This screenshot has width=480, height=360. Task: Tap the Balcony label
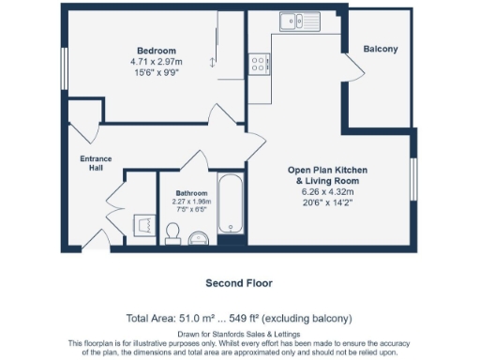(381, 49)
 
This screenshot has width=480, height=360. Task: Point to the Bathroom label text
(191, 192)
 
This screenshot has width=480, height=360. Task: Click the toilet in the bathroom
(173, 232)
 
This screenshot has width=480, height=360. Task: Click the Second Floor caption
(239, 282)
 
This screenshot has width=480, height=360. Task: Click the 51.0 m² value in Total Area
(199, 319)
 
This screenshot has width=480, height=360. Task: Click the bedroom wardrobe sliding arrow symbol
(212, 62)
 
